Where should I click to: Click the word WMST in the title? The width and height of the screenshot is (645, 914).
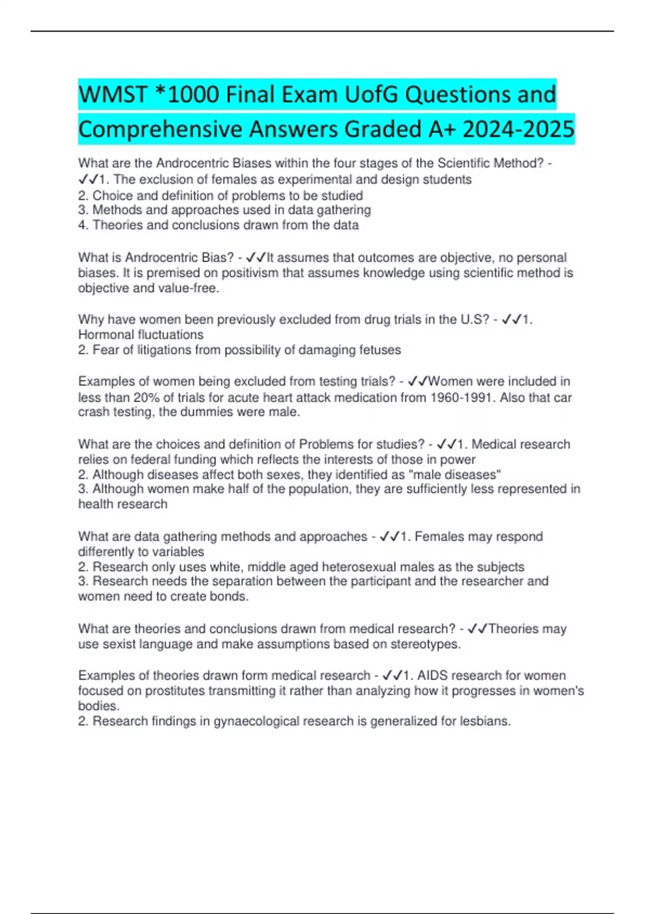point(112,95)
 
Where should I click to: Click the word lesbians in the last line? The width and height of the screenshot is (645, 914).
point(485,722)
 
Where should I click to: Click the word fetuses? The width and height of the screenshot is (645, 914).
point(378,350)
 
